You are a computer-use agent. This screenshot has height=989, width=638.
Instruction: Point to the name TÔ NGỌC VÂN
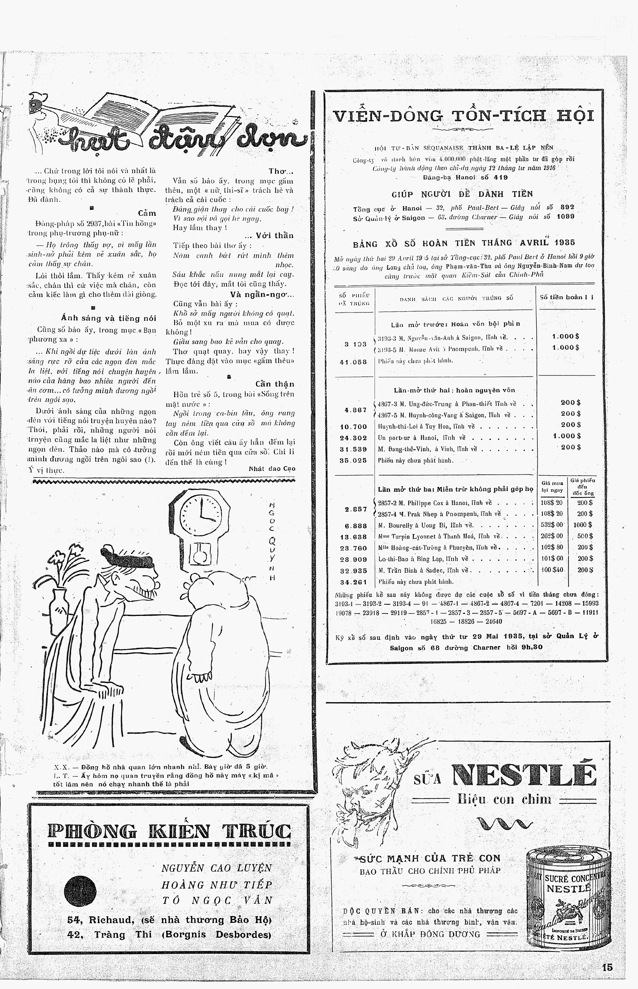(217, 900)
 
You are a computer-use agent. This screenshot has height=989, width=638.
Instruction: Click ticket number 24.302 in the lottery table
(353, 437)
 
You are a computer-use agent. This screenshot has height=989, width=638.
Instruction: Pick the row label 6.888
(355, 526)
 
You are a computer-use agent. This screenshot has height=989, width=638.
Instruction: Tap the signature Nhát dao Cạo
(272, 469)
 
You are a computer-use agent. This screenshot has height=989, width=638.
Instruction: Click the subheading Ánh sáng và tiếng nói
(108, 318)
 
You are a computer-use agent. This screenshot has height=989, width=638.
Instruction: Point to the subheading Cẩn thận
(274, 384)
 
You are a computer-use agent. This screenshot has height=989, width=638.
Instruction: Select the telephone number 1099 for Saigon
(565, 217)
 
